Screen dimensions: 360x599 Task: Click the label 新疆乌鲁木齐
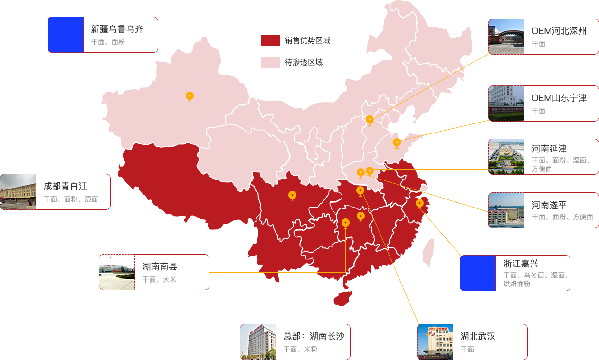click(x=117, y=29)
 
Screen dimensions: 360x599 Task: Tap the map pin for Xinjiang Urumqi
click(x=190, y=96)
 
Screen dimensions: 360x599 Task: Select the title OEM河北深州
click(x=559, y=31)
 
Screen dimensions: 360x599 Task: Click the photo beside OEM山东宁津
click(x=506, y=103)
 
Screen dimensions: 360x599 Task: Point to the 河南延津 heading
click(x=549, y=149)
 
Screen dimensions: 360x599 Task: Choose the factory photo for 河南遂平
click(x=506, y=210)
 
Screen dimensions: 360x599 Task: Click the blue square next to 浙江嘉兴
click(x=478, y=273)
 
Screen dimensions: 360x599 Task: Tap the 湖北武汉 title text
click(x=478, y=336)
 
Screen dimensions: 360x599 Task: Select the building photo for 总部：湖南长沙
click(x=258, y=341)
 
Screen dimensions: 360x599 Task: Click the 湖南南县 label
click(x=160, y=267)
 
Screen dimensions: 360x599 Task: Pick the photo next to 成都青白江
click(x=18, y=192)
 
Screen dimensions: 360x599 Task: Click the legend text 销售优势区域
click(x=307, y=41)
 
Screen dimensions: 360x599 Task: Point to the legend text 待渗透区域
click(x=304, y=62)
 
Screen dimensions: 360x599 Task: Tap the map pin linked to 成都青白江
click(x=292, y=195)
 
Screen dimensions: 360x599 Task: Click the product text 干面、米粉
click(x=300, y=349)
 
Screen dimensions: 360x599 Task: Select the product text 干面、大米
click(x=159, y=280)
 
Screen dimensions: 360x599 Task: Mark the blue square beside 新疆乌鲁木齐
click(x=66, y=35)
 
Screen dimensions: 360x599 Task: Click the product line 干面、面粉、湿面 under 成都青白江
click(x=71, y=199)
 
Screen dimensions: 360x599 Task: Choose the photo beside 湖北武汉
click(x=435, y=341)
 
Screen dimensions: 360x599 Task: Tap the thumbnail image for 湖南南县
click(x=117, y=272)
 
